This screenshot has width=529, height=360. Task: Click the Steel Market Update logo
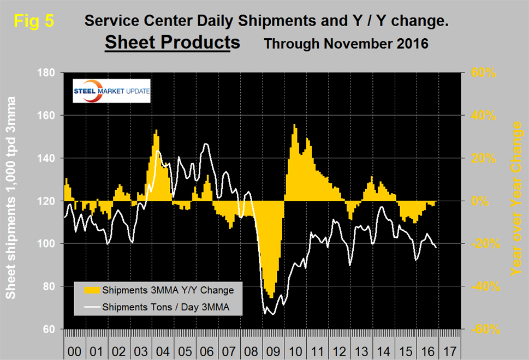pyautogui.click(x=111, y=91)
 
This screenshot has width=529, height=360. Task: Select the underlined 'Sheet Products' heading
pyautogui.click(x=172, y=42)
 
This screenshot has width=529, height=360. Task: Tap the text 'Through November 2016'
pyautogui.click(x=346, y=44)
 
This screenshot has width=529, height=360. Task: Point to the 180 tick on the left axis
pyautogui.click(x=50, y=73)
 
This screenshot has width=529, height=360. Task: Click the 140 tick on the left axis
pyautogui.click(x=50, y=158)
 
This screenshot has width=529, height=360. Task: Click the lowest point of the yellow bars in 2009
pyautogui.click(x=271, y=298)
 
